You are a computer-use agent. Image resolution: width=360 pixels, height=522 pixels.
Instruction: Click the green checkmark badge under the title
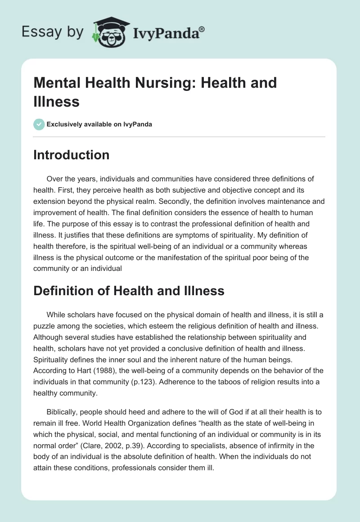click(x=39, y=124)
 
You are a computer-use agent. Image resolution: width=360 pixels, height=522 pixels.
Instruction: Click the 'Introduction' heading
click(x=71, y=155)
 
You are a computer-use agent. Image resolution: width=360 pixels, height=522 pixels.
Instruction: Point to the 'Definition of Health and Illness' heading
click(x=129, y=291)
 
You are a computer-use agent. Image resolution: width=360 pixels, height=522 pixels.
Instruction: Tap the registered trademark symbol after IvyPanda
click(x=202, y=30)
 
